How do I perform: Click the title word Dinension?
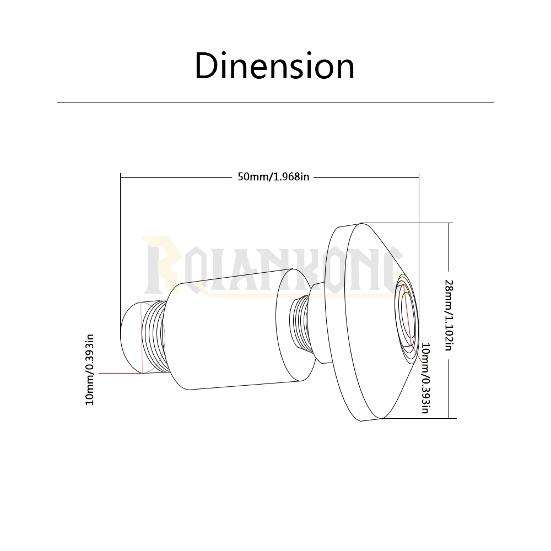pyautogui.click(x=274, y=66)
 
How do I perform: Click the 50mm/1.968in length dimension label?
pyautogui.click(x=273, y=176)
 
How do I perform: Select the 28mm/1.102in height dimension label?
pyautogui.click(x=449, y=315)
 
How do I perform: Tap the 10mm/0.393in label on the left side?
pyautogui.click(x=90, y=370)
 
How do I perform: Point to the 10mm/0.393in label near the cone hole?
pyautogui.click(x=425, y=378)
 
